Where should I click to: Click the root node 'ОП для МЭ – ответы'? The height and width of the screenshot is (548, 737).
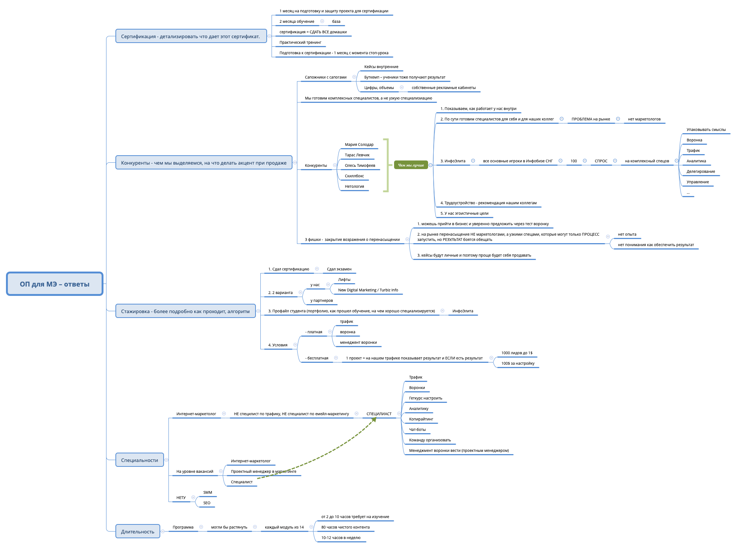(55, 284)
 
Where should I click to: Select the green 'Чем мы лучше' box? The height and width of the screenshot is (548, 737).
(411, 165)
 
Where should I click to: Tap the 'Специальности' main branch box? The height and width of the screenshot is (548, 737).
(139, 460)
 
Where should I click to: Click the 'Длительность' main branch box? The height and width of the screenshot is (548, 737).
(137, 532)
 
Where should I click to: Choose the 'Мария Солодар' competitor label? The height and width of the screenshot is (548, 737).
(359, 144)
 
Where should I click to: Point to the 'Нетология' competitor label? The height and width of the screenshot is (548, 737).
(354, 186)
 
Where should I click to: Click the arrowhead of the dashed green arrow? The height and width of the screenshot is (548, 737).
(374, 419)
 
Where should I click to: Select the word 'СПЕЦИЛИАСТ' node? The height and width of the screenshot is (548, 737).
(379, 414)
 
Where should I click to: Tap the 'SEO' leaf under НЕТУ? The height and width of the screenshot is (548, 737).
(207, 503)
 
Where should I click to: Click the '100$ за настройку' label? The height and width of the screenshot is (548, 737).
(517, 363)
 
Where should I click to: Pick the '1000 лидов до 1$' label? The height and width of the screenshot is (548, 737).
(517, 353)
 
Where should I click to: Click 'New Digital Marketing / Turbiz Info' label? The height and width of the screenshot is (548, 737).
(368, 290)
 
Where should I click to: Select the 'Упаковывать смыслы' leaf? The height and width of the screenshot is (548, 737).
(706, 129)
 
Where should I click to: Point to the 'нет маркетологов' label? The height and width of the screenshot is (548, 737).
(644, 119)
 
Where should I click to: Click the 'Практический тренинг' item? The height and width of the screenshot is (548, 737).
(300, 42)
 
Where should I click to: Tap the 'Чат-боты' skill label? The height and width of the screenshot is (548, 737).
(417, 429)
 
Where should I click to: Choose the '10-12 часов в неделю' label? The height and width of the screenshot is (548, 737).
(341, 538)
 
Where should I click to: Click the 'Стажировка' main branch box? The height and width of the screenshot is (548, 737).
(185, 311)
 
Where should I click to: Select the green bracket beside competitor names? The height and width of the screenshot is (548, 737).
(387, 165)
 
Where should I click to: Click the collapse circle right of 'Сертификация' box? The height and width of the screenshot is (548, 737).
(269, 36)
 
